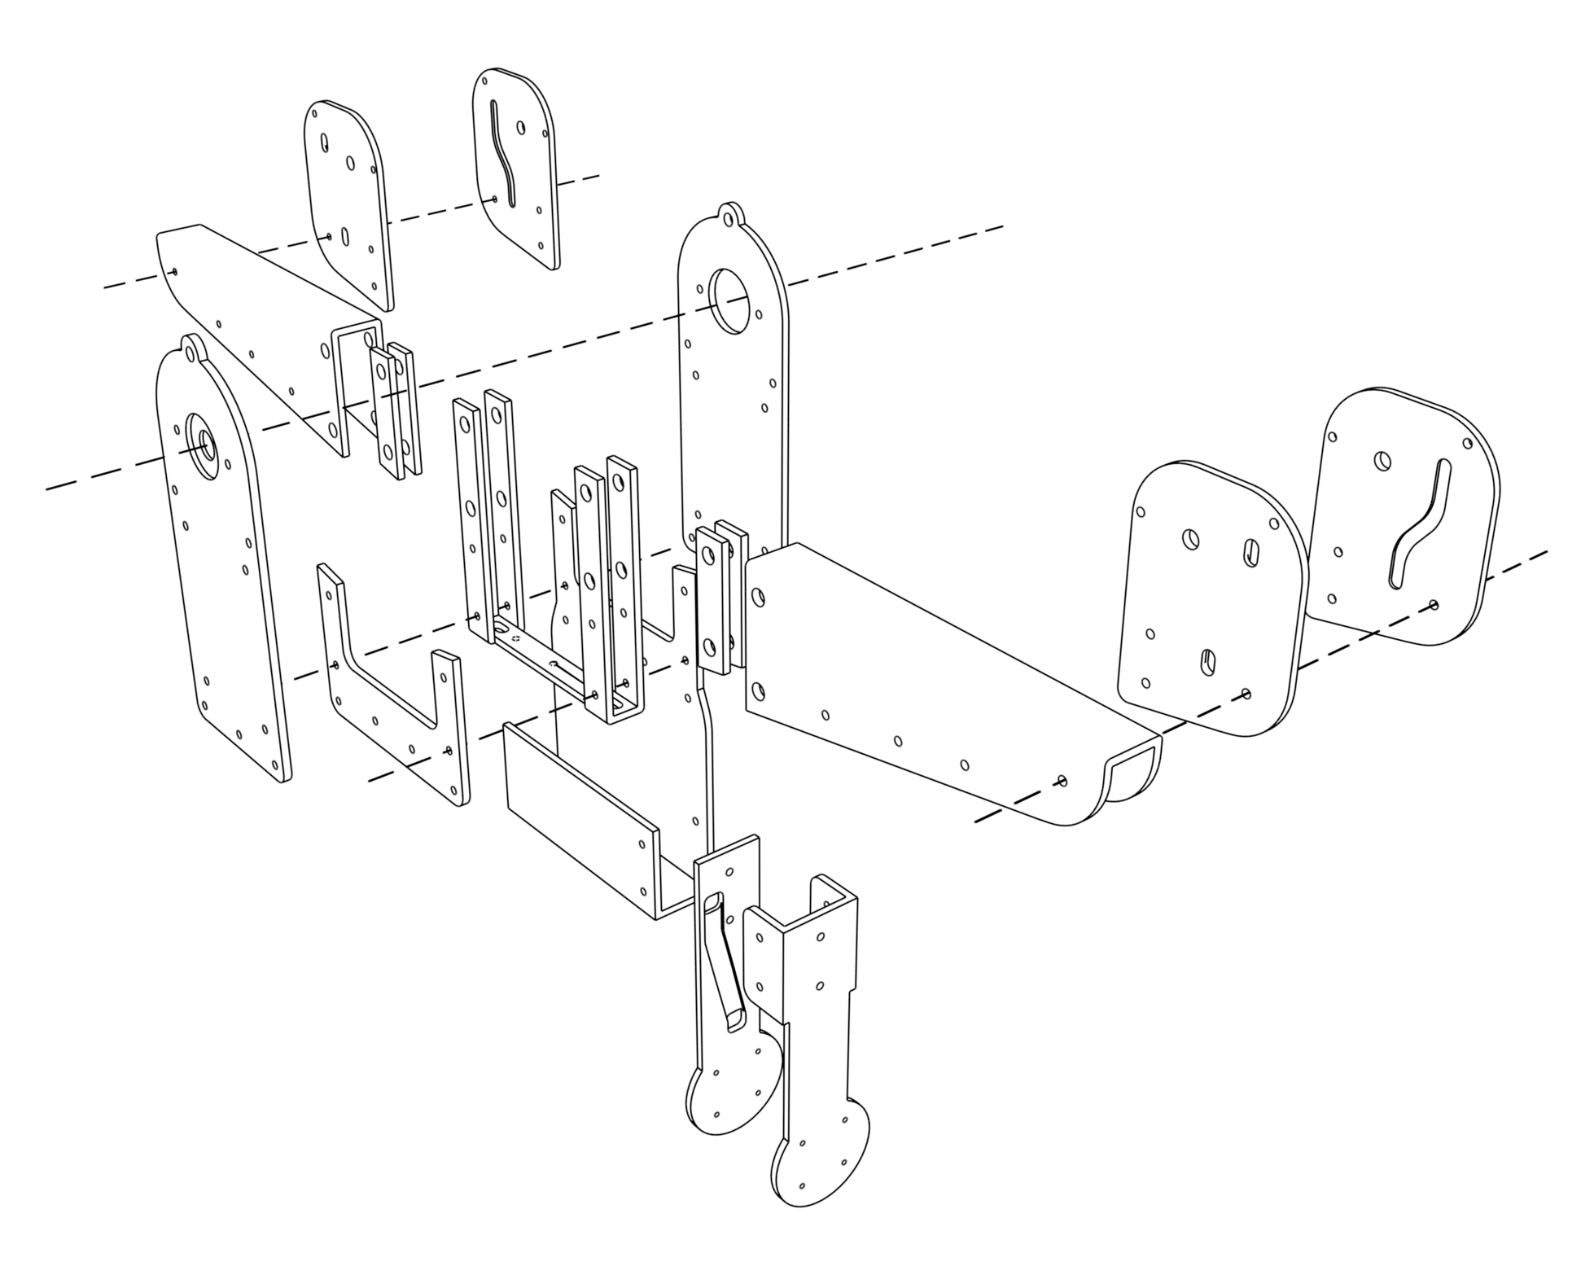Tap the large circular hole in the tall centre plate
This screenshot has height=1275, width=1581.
point(728,300)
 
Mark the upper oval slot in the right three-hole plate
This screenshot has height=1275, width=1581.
point(1251,553)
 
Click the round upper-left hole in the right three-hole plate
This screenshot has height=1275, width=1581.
point(1189,538)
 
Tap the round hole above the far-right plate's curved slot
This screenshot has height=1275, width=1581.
point(1382,461)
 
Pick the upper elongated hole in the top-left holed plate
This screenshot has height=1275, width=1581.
point(325,144)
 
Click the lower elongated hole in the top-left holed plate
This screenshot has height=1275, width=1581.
point(345,237)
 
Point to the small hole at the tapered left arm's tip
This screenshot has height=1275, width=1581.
point(175,272)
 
